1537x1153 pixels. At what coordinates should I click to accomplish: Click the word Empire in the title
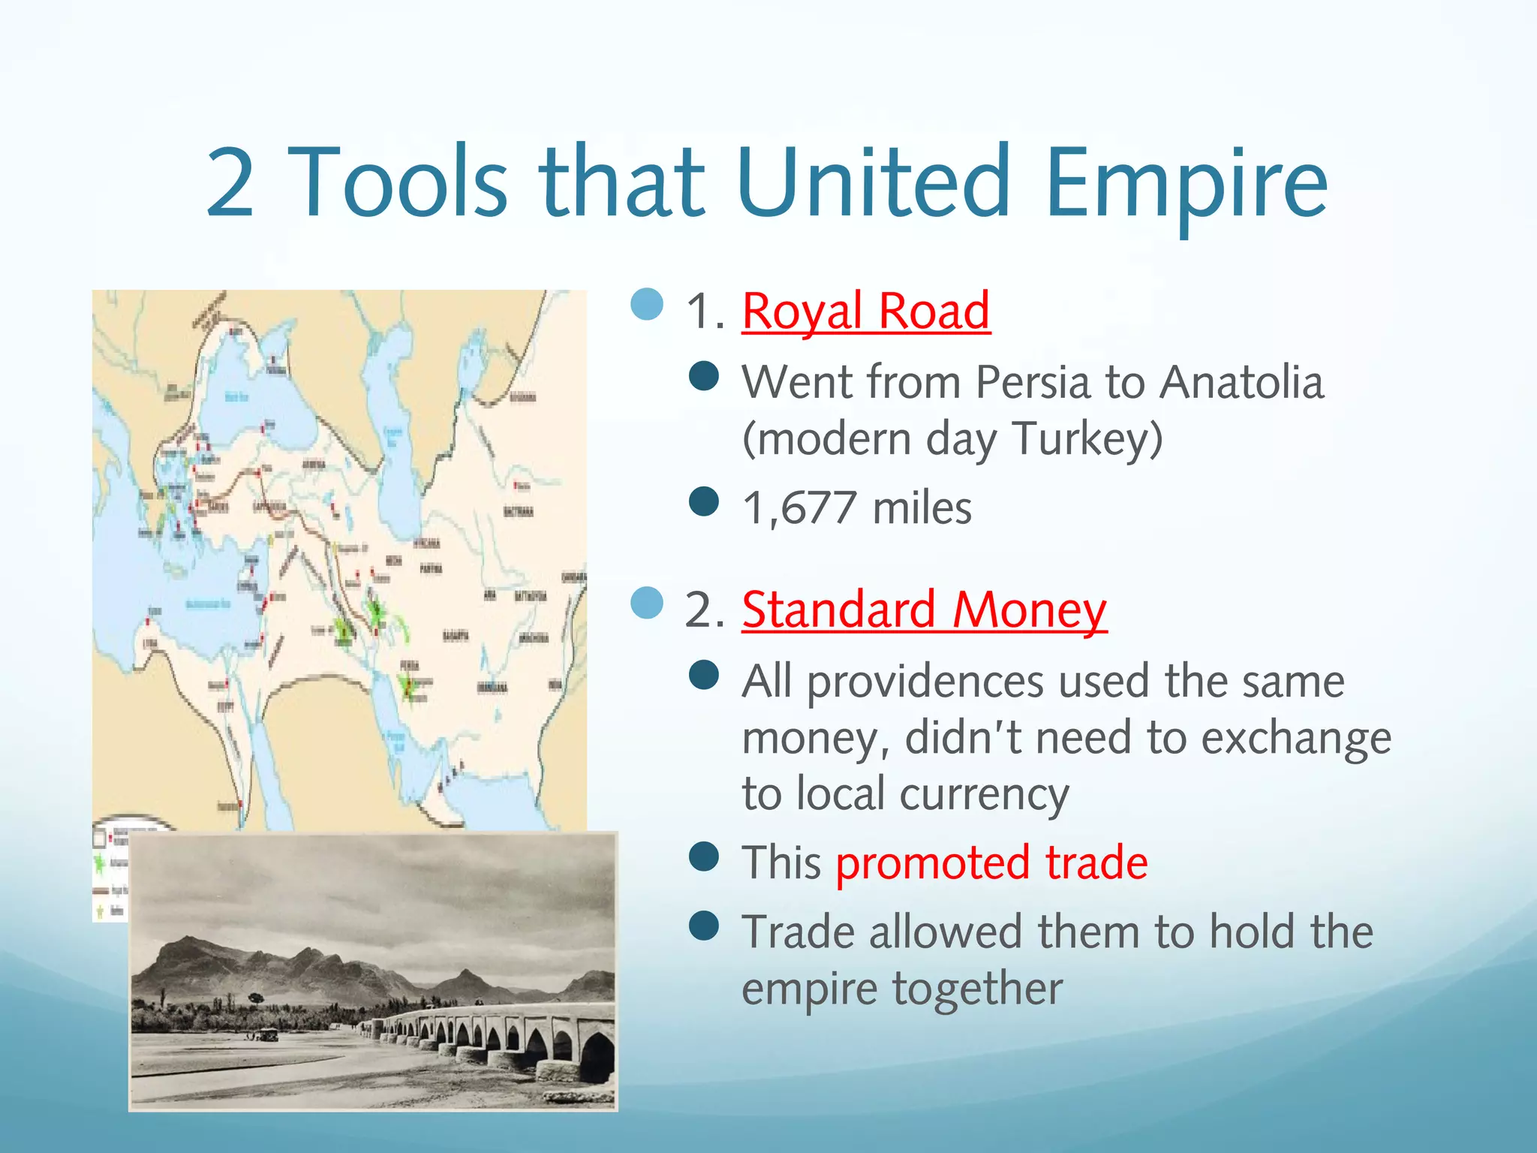point(1186,184)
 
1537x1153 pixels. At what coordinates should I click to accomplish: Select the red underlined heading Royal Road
point(865,311)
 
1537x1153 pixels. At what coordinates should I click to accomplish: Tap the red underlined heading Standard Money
point(924,610)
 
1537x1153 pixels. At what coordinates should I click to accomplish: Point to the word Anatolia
point(1241,382)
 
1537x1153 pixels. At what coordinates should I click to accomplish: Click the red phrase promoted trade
point(991,862)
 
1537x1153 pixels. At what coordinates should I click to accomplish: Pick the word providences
point(925,682)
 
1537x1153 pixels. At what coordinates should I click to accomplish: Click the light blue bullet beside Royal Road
point(647,305)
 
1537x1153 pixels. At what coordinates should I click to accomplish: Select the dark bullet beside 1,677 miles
point(703,501)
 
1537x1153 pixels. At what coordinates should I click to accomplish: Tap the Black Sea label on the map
point(237,396)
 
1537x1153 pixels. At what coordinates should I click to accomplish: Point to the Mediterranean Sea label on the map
point(207,604)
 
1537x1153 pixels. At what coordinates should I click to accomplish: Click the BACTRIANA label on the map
point(519,512)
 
